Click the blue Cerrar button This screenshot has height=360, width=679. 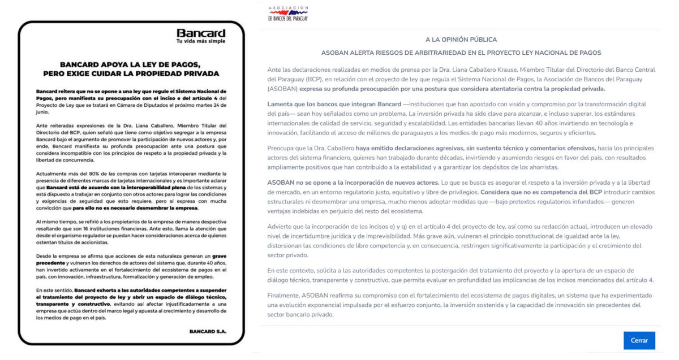[x=639, y=341]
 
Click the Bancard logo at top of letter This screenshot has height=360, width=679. [x=201, y=33]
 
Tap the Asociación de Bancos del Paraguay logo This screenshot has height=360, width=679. [x=288, y=14]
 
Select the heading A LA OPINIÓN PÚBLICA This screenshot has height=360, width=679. [x=461, y=40]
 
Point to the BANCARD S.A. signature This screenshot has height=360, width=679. [x=208, y=332]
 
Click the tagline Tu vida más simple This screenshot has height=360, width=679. [x=201, y=41]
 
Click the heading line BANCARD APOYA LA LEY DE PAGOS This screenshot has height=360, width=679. [x=131, y=65]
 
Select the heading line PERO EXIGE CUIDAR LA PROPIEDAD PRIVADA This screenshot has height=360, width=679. [x=131, y=73]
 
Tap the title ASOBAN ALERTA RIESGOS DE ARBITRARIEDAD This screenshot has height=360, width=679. [x=461, y=53]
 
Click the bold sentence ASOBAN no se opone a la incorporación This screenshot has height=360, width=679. [x=354, y=182]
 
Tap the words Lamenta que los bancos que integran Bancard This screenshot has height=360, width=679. [x=334, y=105]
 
